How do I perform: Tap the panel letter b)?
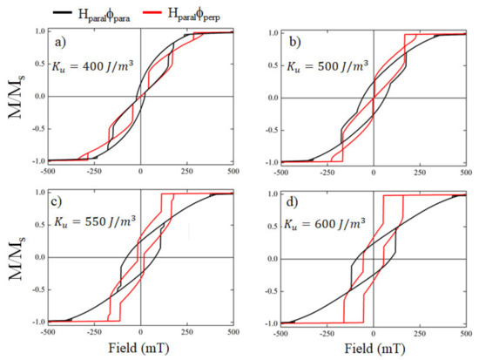[x=287, y=39]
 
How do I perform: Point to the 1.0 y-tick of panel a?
[x=39, y=31]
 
